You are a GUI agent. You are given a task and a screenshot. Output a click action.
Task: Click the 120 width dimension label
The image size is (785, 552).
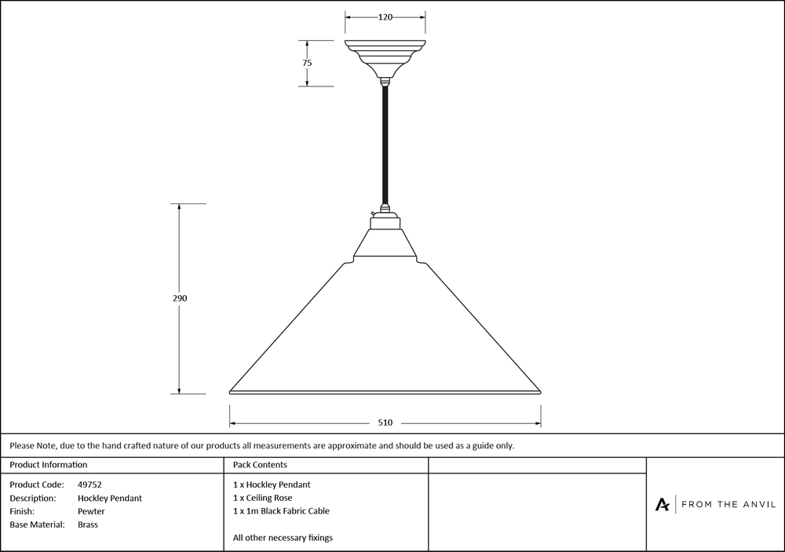pyautogui.click(x=385, y=17)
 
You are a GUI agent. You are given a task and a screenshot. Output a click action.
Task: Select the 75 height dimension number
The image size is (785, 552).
pyautogui.click(x=307, y=63)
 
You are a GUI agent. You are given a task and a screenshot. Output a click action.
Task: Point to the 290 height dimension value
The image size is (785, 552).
pyautogui.click(x=181, y=298)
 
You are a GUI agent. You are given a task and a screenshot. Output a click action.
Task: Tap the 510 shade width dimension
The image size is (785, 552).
pyautogui.click(x=385, y=422)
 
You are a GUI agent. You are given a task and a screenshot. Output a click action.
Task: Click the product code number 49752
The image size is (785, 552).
pyautogui.click(x=89, y=484)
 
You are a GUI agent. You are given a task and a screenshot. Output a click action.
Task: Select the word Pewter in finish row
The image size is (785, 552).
pyautogui.click(x=91, y=511)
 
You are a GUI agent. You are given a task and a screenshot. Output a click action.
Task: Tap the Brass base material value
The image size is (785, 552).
pyautogui.click(x=88, y=525)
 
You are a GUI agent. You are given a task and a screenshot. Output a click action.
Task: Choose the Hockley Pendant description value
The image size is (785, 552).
pyautogui.click(x=110, y=498)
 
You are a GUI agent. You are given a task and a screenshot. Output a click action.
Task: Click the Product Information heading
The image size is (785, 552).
pyautogui.click(x=49, y=465)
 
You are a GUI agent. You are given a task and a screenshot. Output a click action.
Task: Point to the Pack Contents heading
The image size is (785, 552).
pyautogui.click(x=260, y=465)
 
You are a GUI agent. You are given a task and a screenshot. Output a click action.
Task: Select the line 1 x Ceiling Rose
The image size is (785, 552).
pyautogui.click(x=262, y=498)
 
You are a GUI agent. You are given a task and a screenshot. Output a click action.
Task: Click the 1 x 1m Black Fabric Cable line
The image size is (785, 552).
pyautogui.click(x=281, y=511)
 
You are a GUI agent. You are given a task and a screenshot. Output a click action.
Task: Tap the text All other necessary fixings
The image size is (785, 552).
pyautogui.click(x=283, y=538)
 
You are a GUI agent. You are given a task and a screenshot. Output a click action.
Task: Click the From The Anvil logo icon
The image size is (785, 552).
pyautogui.click(x=663, y=504)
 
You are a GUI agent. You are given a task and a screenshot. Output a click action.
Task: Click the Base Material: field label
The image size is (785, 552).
pyautogui.click(x=37, y=525)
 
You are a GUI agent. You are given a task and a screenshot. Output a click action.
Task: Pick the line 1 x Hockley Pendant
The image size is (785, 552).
pyautogui.click(x=272, y=484)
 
